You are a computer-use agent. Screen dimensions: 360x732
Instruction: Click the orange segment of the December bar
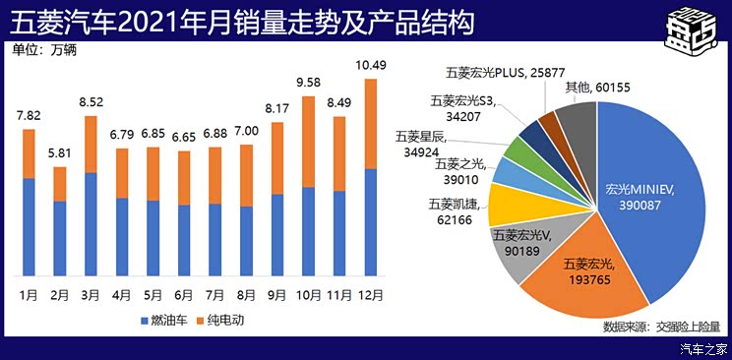[370, 124]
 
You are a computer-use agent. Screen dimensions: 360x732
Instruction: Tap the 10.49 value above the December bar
[370, 67]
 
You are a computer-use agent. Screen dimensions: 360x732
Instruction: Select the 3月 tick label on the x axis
[91, 294]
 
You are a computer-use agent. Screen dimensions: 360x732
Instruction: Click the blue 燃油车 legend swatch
[140, 321]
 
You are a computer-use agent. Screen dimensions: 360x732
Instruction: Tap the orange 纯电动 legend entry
[216, 321]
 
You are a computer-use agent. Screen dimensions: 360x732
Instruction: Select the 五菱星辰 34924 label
[423, 145]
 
